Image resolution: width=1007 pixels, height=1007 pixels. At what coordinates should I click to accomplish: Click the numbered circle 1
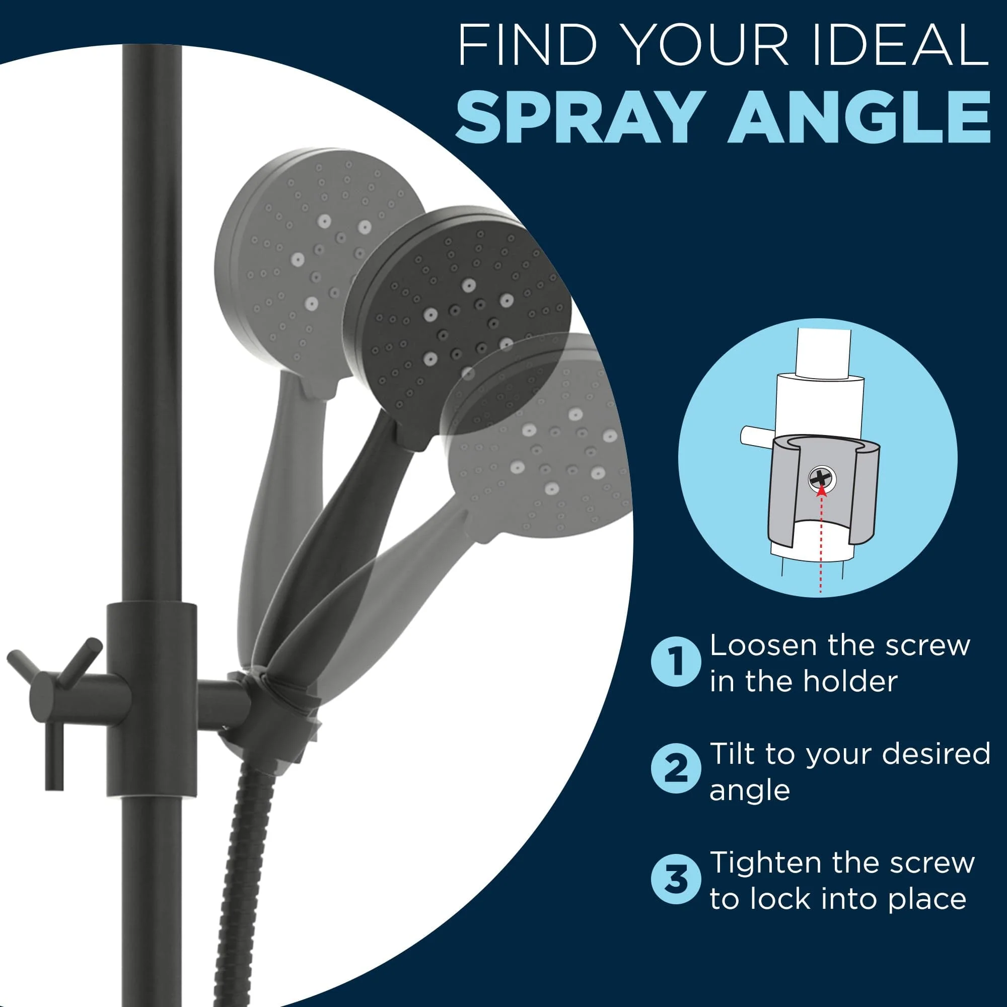[676, 663]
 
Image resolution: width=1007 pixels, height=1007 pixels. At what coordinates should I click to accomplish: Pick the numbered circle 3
[676, 879]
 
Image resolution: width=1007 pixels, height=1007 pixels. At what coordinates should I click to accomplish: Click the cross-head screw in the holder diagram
[823, 477]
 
